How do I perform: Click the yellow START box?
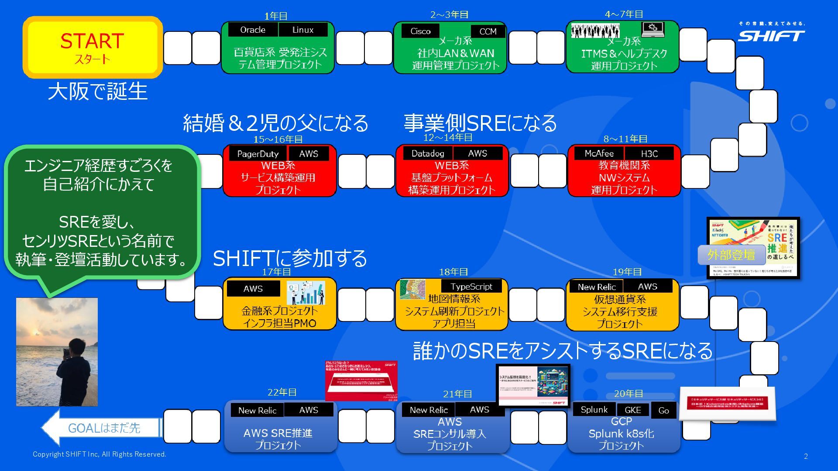pos(93,47)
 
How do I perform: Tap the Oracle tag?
pos(253,30)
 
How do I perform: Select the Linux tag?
pos(303,30)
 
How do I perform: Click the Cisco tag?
pos(420,31)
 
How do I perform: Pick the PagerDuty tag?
pos(258,154)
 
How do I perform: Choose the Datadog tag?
pos(428,153)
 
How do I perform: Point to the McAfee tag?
pos(599,154)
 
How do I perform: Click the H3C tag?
pos(649,154)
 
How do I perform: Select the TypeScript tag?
pos(471,287)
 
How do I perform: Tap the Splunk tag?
pos(594,410)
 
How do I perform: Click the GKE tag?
pos(632,410)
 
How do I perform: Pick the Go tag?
pos(663,410)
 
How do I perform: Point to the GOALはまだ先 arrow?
pos(103,428)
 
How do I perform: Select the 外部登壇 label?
pos(731,255)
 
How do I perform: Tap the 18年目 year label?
pos(453,272)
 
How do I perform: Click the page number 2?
pos(806,456)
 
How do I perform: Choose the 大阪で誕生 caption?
pos(98,92)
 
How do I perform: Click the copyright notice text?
pos(100,454)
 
